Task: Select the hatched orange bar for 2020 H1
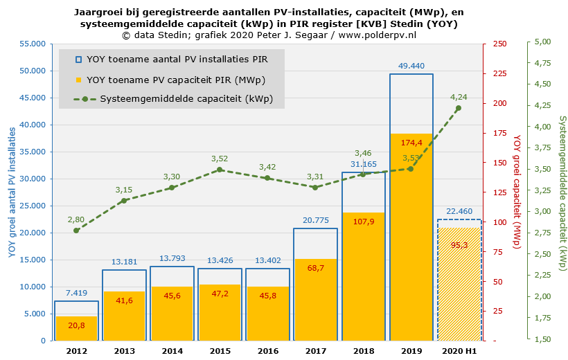click(x=459, y=284)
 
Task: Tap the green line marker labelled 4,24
click(x=458, y=108)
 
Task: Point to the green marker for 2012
click(x=76, y=230)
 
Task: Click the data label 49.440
click(x=411, y=66)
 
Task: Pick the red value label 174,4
click(x=411, y=143)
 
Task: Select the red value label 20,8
click(x=77, y=325)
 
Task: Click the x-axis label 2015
click(x=220, y=351)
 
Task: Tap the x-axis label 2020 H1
click(x=459, y=351)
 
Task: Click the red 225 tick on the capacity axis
click(x=499, y=73)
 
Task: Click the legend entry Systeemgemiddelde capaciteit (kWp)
click(x=186, y=99)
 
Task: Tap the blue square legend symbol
click(x=78, y=60)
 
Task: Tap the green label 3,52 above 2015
click(x=220, y=159)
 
